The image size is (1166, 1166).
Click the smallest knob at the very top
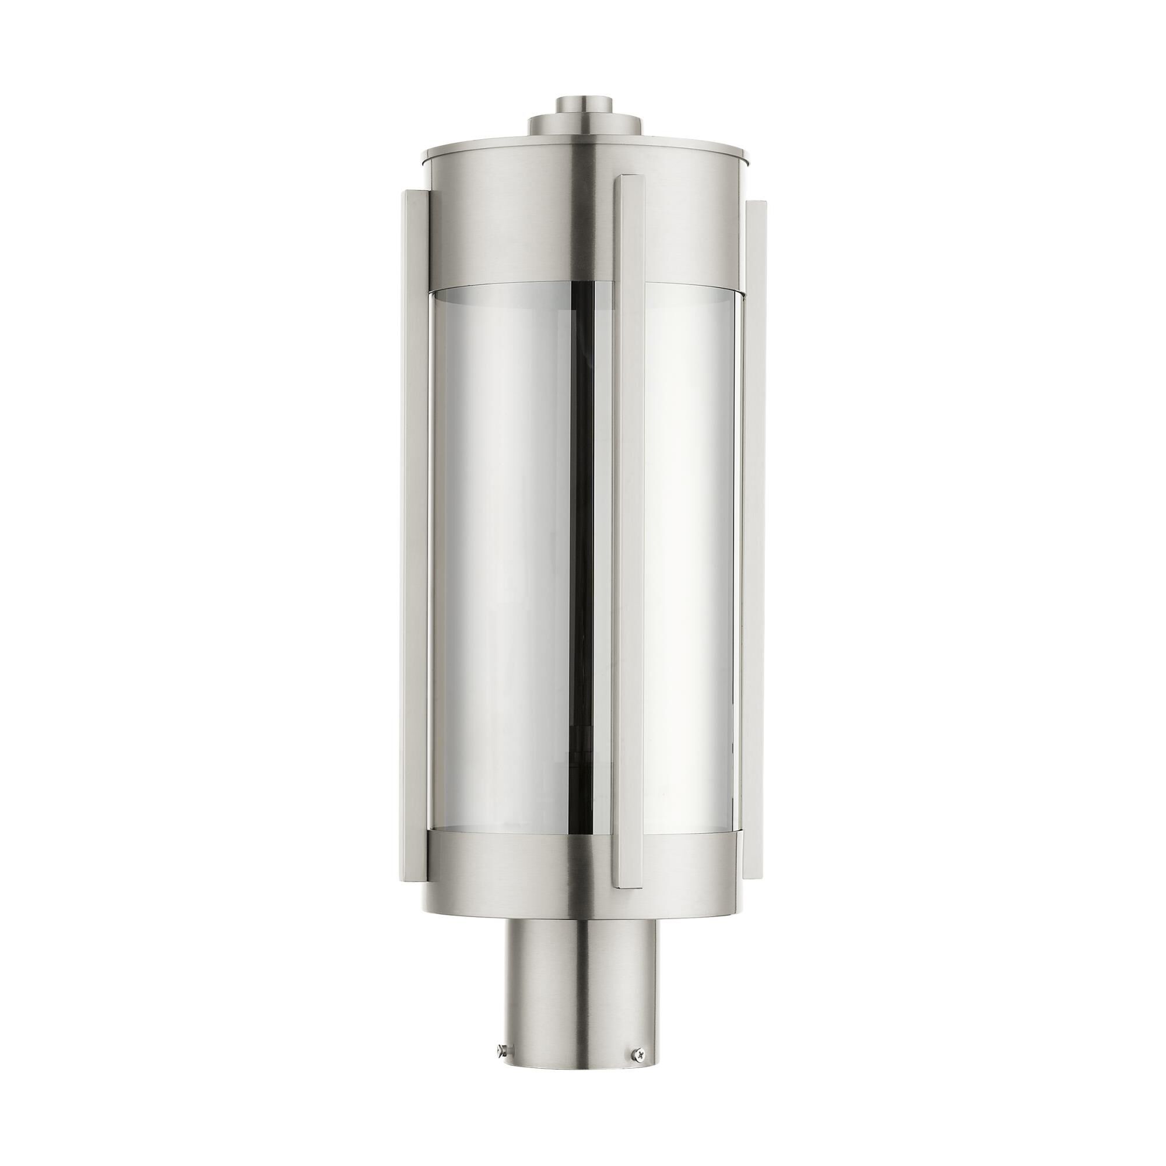click(582, 104)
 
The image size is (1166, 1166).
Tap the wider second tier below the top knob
click(582, 125)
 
